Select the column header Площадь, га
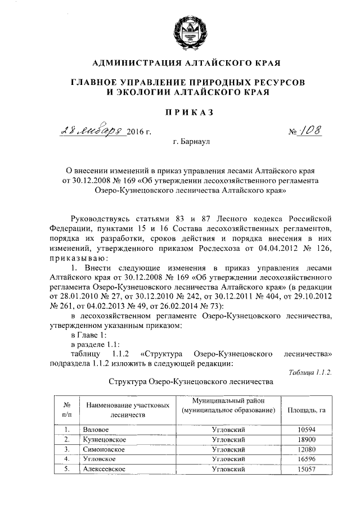pos(307,411)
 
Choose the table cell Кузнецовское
pos(103,439)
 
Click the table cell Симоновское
pos(103,449)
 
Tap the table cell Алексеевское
pos(103,469)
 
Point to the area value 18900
pos(307,439)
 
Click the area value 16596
pos(307,459)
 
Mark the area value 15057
pos(307,469)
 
